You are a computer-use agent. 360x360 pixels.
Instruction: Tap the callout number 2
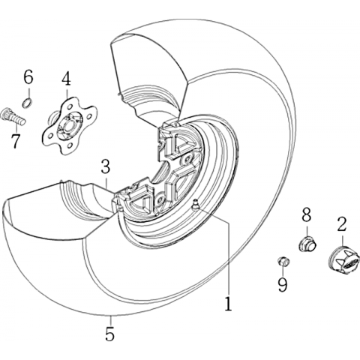click(342, 224)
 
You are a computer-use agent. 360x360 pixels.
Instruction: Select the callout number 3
click(106, 167)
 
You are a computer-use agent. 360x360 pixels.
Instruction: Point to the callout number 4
click(67, 78)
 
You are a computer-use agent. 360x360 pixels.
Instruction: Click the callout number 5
click(110, 334)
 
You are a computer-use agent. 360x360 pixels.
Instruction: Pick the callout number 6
click(28, 77)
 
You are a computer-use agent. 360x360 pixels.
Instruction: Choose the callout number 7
click(16, 141)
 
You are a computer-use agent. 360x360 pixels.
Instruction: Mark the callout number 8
click(307, 215)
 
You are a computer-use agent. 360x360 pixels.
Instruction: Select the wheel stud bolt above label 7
click(13, 117)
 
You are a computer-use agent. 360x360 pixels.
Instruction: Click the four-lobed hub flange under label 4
click(68, 126)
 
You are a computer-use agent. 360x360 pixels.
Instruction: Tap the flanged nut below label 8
click(307, 244)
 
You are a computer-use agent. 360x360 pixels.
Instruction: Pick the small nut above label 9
click(283, 262)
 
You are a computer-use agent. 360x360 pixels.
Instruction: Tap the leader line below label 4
click(67, 92)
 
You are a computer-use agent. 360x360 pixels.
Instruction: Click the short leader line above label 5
click(110, 320)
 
